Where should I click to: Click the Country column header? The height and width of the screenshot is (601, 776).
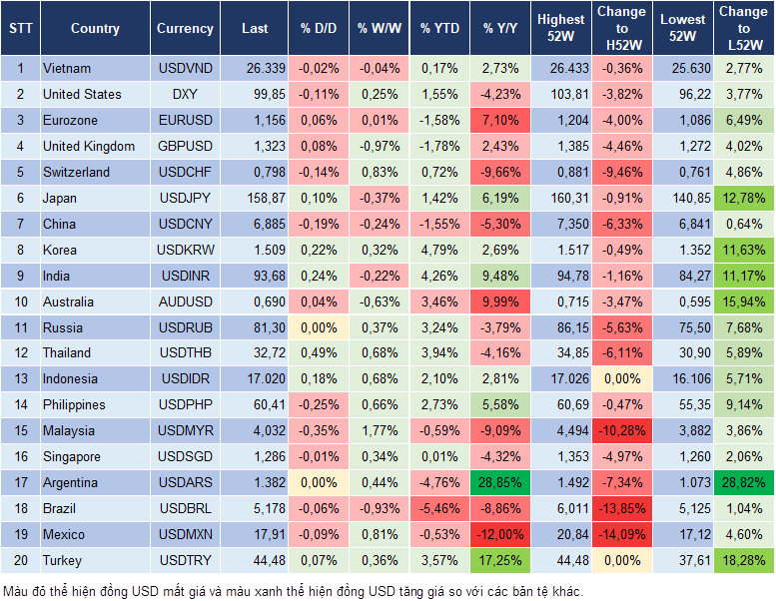point(95,29)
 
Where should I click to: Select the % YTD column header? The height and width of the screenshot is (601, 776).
point(439,29)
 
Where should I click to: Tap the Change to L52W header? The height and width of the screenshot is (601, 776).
point(743,29)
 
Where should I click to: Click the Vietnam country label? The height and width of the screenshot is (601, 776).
point(67,68)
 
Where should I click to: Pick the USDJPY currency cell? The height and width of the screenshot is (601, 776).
point(185,198)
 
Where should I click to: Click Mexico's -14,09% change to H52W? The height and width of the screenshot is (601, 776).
point(621,534)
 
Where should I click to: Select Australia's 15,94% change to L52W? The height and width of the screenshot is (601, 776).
point(743,300)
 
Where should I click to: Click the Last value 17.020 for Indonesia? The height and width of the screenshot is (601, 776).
point(254,378)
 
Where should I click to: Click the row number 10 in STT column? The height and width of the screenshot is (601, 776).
point(19,300)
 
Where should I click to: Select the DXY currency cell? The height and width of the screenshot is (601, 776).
point(185,94)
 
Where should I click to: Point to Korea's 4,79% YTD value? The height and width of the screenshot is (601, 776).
point(439,250)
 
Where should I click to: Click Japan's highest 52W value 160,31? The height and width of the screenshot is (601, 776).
point(560,198)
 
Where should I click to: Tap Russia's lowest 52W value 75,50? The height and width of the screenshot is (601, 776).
point(683,326)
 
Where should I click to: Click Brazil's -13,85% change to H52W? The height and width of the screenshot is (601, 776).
point(621,508)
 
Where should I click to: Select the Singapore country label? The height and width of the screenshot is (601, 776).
point(72,456)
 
